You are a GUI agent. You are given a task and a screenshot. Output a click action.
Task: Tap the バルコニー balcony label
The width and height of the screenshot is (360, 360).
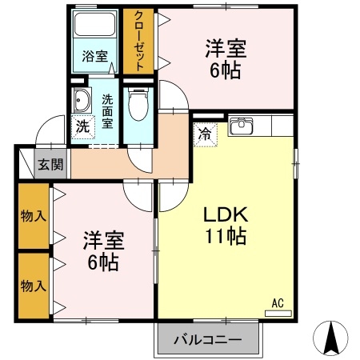point(208,340)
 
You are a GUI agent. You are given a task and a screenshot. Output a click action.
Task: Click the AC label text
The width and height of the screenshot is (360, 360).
point(278,302)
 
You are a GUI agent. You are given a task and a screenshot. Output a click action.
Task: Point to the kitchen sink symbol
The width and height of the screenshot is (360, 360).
point(241,126)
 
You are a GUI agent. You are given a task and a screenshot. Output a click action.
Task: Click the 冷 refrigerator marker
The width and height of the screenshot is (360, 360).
point(205,133)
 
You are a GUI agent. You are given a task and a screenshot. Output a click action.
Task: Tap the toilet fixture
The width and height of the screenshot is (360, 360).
point(138,103)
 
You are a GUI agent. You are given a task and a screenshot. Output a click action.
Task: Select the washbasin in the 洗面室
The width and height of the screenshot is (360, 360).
point(82,100)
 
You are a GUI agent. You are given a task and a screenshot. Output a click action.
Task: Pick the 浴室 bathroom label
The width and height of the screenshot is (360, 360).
point(94,57)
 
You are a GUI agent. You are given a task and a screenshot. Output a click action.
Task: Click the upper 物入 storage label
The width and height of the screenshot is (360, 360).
point(32,216)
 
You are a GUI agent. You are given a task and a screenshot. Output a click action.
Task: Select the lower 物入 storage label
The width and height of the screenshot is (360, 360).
point(32,286)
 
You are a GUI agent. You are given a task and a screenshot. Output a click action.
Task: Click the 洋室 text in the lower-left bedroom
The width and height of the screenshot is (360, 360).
point(102,240)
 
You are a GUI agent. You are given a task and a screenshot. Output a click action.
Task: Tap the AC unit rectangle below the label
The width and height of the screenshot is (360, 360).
point(278,313)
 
